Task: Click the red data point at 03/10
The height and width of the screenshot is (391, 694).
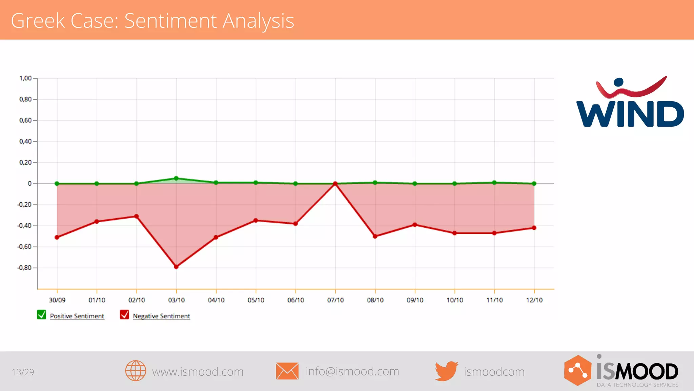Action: point(176,267)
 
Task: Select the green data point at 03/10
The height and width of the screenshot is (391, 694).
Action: point(176,178)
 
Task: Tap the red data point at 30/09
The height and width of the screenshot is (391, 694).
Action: point(57,237)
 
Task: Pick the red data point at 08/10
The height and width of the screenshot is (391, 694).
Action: point(375,236)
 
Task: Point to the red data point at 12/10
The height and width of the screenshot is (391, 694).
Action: point(534,228)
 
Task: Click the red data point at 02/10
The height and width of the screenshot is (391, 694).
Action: point(137,216)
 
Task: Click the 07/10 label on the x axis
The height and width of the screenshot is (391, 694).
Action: point(335,300)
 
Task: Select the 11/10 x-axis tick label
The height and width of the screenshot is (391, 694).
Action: point(494,300)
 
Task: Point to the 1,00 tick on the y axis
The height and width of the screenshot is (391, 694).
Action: point(25,78)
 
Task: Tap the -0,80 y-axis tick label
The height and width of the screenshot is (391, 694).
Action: point(24,268)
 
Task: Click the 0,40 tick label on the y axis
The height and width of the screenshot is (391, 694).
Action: point(25,142)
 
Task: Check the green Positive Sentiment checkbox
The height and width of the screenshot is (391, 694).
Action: point(42,315)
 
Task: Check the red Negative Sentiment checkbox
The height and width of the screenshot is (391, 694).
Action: point(124,315)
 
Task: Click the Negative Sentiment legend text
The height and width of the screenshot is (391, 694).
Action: point(161,316)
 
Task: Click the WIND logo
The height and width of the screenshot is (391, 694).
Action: point(630,102)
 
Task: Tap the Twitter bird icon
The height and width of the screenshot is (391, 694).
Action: point(446,371)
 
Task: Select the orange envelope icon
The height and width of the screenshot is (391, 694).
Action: point(287,371)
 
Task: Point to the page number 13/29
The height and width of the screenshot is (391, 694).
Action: point(23,372)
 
